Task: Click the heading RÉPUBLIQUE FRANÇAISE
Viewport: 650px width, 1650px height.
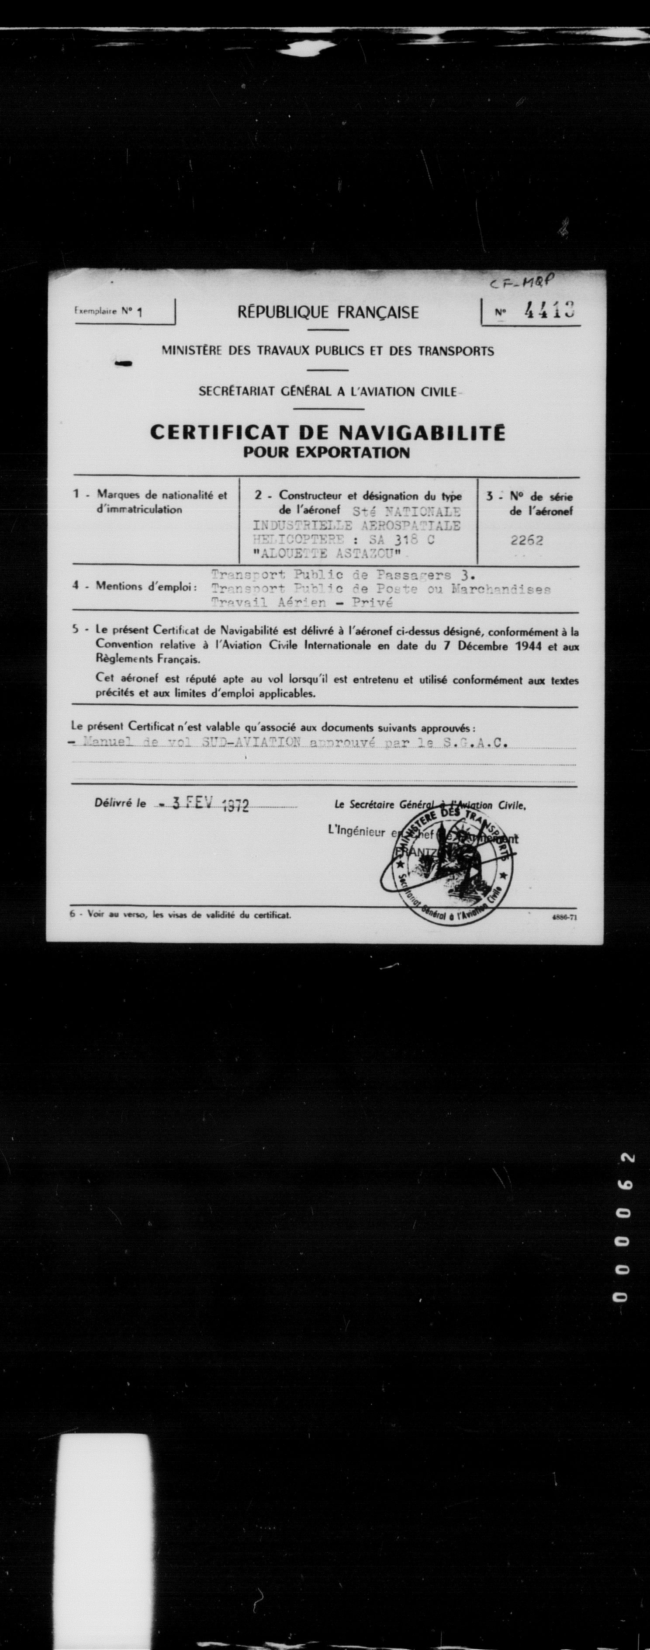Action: (328, 312)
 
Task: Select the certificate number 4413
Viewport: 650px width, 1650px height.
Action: (548, 311)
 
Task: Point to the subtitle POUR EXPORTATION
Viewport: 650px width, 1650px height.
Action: (327, 453)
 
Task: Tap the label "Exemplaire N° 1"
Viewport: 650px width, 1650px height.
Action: (107, 312)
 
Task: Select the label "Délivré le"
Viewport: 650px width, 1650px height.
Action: (120, 802)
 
